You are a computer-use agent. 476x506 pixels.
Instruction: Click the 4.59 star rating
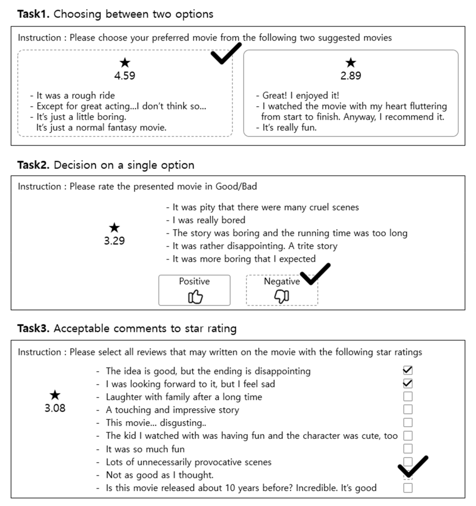click(124, 76)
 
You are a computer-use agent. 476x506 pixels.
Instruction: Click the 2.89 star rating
click(351, 76)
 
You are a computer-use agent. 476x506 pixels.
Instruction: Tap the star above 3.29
click(114, 228)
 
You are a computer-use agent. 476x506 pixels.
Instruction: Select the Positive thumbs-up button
click(194, 290)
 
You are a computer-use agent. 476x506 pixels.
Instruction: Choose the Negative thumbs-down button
click(282, 290)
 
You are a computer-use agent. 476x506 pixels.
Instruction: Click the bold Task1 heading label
click(33, 14)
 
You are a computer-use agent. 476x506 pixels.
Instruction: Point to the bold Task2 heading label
click(33, 165)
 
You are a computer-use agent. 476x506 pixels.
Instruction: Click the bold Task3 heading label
click(33, 328)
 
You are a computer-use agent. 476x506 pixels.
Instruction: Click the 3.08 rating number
click(55, 408)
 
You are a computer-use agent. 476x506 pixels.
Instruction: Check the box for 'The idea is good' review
click(408, 371)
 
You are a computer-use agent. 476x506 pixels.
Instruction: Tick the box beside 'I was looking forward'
click(408, 384)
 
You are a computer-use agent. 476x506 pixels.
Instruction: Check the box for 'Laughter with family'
click(408, 397)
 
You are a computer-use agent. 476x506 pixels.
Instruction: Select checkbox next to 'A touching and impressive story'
click(408, 410)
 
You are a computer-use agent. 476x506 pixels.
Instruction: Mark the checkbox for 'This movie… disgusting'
click(408, 422)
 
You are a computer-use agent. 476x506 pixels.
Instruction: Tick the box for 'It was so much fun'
click(408, 449)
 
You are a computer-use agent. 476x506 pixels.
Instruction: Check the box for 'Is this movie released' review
click(408, 488)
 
